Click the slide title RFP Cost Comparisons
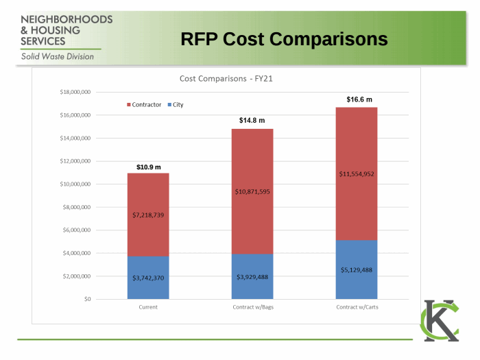(284, 40)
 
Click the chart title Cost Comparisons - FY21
(226, 79)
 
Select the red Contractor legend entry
(144, 105)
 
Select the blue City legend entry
(176, 105)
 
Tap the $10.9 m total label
(148, 167)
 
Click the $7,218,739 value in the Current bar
(148, 215)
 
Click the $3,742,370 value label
(148, 278)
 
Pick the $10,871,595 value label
(252, 192)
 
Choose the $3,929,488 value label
(252, 277)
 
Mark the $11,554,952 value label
(357, 174)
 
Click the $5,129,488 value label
(357, 270)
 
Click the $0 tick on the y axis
(86, 300)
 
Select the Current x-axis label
(148, 307)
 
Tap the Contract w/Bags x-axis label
(252, 307)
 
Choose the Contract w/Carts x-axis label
(357, 307)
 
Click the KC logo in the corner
(440, 320)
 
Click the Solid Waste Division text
(58, 57)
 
